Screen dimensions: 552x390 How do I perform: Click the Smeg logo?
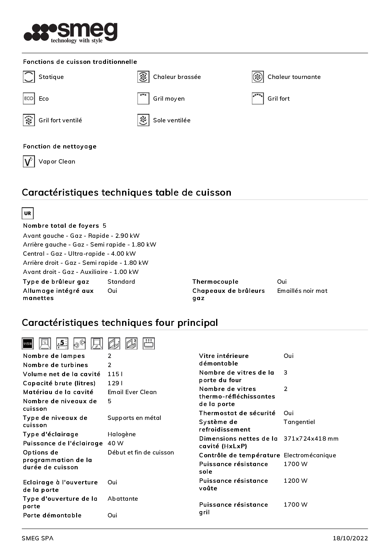click(71, 32)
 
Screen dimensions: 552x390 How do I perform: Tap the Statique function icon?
click(29, 77)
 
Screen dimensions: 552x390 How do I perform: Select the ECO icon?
click(29, 98)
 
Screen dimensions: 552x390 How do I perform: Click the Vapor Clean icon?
click(29, 161)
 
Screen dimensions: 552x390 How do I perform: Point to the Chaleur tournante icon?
click(258, 77)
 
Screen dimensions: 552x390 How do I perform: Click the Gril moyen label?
click(169, 99)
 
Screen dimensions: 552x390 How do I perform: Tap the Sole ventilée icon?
click(143, 120)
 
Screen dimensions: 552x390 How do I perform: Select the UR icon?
click(28, 213)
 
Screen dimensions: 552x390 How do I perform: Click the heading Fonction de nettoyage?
click(60, 146)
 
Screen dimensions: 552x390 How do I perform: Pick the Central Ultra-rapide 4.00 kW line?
click(79, 254)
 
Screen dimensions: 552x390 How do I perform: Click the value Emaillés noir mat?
click(302, 291)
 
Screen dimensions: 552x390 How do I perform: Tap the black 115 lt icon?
click(28, 343)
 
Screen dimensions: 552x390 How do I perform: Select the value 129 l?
click(115, 383)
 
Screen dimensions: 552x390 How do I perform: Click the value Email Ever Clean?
click(132, 392)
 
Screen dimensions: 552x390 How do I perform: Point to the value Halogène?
click(121, 434)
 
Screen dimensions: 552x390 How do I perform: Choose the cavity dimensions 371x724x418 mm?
click(311, 439)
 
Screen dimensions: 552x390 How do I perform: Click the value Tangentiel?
click(299, 422)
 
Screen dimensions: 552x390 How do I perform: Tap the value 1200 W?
click(295, 481)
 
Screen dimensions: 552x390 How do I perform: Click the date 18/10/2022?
click(350, 538)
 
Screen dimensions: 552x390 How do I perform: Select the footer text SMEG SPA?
click(37, 538)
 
